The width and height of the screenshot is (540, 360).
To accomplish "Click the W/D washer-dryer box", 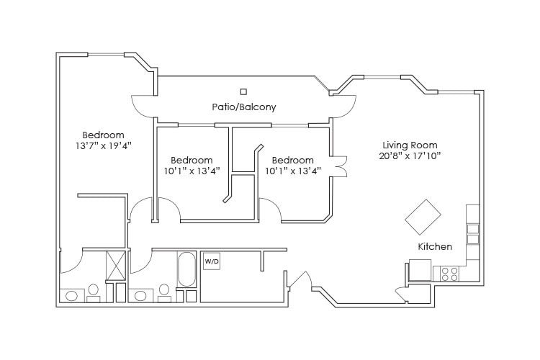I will coord(211,261).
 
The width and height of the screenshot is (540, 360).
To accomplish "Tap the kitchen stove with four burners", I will coord(449,274).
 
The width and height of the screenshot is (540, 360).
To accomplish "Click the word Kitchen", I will coord(435,247).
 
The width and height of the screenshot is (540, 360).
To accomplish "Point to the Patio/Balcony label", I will coord(243,107).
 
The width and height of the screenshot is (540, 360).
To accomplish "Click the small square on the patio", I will coord(243,91).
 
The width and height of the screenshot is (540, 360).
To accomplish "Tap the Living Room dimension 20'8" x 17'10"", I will coord(410,156).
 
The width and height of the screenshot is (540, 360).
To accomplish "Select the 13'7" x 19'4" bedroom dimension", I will coord(102,145).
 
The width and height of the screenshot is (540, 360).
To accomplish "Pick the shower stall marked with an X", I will coord(116,265).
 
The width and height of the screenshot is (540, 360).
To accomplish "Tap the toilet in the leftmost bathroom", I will coord(93,291).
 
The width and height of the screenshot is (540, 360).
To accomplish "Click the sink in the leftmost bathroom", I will coord(72,295).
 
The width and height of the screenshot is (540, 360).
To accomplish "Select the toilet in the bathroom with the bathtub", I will coord(164,291).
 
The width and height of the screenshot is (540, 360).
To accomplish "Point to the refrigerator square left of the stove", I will coord(419,270).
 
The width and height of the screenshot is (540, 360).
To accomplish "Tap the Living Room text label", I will coord(410,145).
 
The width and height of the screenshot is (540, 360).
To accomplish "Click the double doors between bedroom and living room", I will coord(339,166).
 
